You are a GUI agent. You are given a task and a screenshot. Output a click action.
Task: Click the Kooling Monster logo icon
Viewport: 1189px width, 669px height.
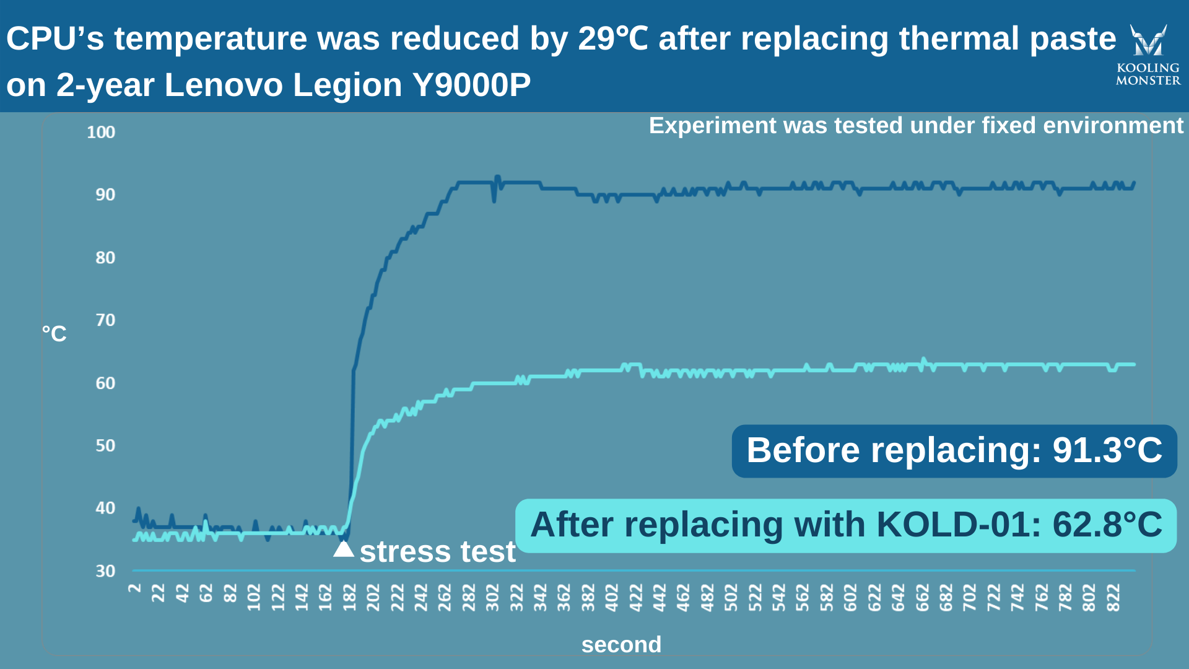click(1148, 40)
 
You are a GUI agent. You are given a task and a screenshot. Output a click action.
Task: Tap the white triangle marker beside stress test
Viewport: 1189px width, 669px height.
click(344, 549)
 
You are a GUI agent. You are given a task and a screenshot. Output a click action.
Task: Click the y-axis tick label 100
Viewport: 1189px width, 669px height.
click(101, 132)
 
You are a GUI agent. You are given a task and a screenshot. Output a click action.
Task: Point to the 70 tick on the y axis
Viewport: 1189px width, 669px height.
click(105, 320)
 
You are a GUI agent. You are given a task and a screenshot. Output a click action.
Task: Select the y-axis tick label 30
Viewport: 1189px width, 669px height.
click(105, 571)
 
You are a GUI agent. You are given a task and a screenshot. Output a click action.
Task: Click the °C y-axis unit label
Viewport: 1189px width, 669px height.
click(54, 334)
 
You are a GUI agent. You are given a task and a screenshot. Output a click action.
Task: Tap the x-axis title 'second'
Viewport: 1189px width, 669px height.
click(621, 645)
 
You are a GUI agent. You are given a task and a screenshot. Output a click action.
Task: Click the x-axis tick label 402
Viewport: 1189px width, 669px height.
click(612, 597)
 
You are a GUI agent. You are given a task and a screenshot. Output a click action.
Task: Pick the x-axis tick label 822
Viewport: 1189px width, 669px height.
click(1113, 597)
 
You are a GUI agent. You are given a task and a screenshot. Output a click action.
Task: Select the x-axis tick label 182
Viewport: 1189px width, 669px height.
click(349, 597)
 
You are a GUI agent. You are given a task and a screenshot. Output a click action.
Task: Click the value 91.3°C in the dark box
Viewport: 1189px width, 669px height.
click(1107, 450)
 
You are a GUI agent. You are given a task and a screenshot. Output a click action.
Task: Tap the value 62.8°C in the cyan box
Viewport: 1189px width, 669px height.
click(1107, 525)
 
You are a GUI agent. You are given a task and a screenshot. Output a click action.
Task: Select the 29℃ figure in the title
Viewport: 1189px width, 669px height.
click(613, 38)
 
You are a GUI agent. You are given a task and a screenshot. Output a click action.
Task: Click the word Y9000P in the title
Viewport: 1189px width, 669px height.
click(472, 85)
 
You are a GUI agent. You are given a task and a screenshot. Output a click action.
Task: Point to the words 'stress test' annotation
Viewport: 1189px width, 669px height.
click(437, 551)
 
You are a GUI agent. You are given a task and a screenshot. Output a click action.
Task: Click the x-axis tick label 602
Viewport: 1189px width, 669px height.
click(850, 597)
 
